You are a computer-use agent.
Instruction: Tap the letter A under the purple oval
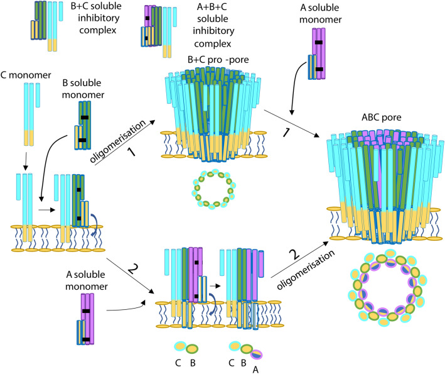pos(254,370)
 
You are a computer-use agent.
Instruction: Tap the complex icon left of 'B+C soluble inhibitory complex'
pos(45,28)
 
